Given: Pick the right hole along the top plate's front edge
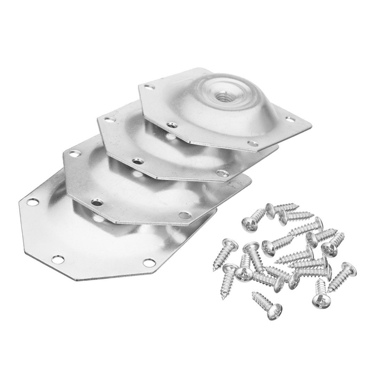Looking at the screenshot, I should (250, 142).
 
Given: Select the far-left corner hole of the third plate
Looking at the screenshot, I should (74, 152).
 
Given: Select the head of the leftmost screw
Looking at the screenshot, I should (227, 244).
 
